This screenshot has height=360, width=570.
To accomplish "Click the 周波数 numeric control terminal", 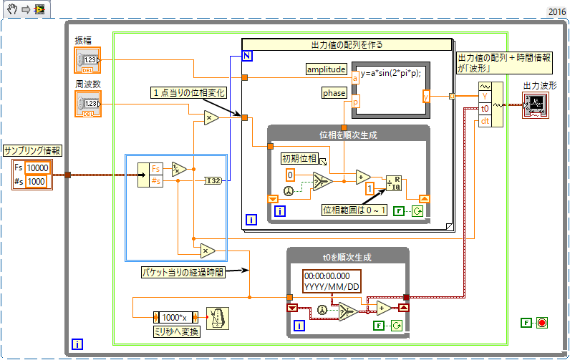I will click(88, 104).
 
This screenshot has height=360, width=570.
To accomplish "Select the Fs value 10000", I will click(37, 167).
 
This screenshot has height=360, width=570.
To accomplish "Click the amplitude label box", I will click(326, 69).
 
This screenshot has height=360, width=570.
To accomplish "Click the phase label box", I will click(334, 93).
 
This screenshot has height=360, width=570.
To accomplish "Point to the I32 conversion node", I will click(214, 180).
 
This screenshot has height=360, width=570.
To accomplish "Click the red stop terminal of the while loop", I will click(542, 323).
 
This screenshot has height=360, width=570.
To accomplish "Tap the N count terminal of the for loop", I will click(247, 55).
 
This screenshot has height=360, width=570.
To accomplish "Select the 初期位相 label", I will click(299, 158).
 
